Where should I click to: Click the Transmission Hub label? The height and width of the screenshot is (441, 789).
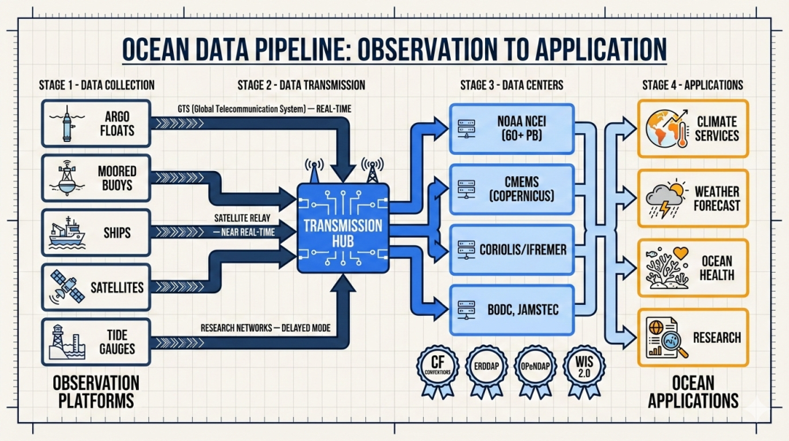pyautogui.click(x=343, y=226)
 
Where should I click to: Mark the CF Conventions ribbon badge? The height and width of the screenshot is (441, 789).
pyautogui.click(x=438, y=368)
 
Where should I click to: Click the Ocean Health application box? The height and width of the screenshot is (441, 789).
pyautogui.click(x=693, y=268)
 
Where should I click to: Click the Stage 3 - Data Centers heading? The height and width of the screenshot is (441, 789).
pyautogui.click(x=511, y=85)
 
